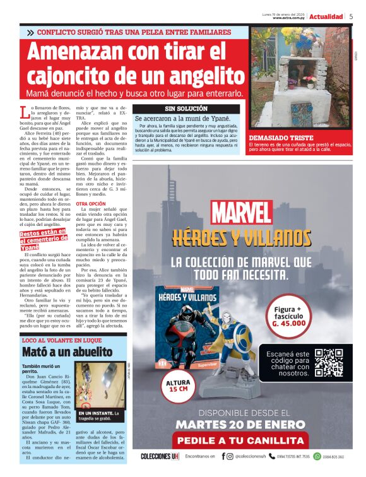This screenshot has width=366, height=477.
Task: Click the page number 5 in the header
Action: [351, 16]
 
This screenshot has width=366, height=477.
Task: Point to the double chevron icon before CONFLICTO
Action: [30, 32]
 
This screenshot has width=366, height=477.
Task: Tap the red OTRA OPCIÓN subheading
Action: [90, 204]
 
